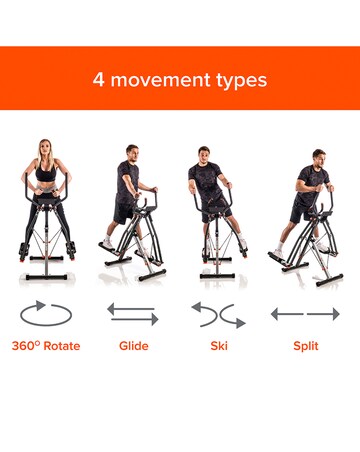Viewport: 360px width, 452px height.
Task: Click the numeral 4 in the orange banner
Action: (98, 80)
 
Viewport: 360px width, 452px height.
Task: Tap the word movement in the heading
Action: (161, 80)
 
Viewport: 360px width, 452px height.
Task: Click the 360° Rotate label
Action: (46, 346)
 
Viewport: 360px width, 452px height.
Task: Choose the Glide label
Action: (134, 346)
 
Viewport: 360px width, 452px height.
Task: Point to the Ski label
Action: (219, 346)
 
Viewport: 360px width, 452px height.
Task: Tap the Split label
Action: (306, 346)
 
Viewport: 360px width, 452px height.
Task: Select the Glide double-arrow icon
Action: (133, 314)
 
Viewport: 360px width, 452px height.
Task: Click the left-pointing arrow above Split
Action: (287, 314)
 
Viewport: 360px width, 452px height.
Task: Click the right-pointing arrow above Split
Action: (323, 314)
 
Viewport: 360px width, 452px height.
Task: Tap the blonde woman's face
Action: (45, 152)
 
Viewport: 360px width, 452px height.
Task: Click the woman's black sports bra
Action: (46, 172)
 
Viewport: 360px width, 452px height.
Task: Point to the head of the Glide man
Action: (132, 153)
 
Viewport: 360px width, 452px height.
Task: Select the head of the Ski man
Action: (204, 155)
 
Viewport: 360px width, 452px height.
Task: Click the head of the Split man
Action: (319, 158)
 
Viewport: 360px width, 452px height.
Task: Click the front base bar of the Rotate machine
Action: (47, 277)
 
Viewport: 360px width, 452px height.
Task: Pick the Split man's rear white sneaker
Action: (278, 253)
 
